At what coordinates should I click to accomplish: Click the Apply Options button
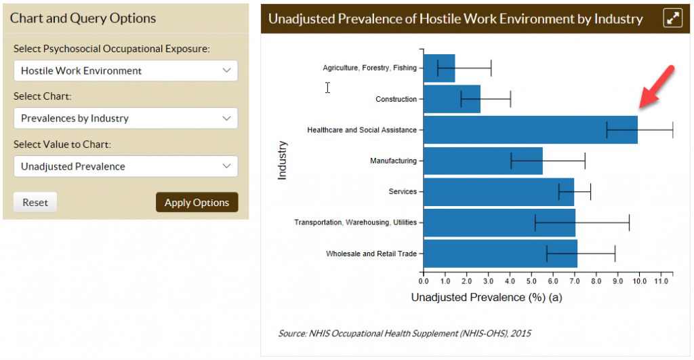(197, 202)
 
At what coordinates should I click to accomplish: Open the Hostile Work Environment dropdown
(125, 71)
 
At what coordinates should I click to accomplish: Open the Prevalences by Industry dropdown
(125, 118)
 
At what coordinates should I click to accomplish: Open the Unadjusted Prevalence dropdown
(125, 166)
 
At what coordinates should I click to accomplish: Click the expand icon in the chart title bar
(672, 18)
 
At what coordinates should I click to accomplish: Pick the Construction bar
(451, 99)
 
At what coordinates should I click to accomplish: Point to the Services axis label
(403, 192)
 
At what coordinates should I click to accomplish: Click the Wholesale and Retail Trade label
(371, 254)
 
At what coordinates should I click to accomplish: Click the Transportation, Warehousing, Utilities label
(355, 222)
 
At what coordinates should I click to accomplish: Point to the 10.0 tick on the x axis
(639, 279)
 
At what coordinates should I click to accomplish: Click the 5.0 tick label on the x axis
(531, 279)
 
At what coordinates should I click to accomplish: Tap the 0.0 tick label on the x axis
(424, 279)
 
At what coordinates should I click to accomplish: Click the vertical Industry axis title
(283, 160)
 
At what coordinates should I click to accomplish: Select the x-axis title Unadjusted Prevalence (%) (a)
(487, 297)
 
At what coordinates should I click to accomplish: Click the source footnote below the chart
(405, 334)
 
